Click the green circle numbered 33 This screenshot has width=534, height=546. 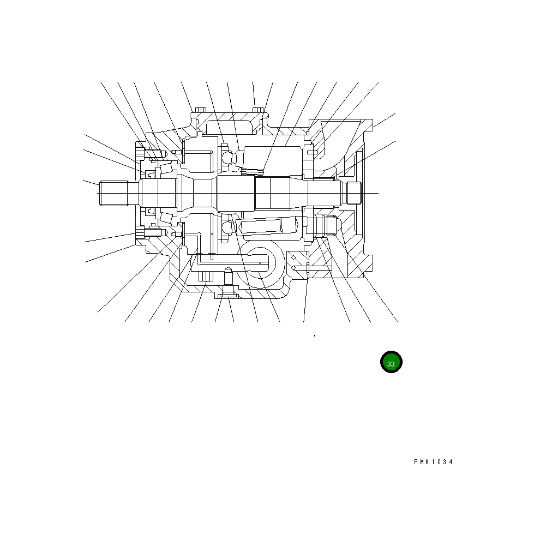click(391, 362)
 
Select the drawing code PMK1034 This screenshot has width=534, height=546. click(433, 462)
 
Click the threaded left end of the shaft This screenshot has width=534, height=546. click(113, 193)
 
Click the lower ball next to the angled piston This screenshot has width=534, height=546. click(227, 229)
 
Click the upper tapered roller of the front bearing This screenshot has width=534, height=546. click(166, 169)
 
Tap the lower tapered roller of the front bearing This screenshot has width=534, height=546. click(166, 218)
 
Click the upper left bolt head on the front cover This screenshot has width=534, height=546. click(140, 153)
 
